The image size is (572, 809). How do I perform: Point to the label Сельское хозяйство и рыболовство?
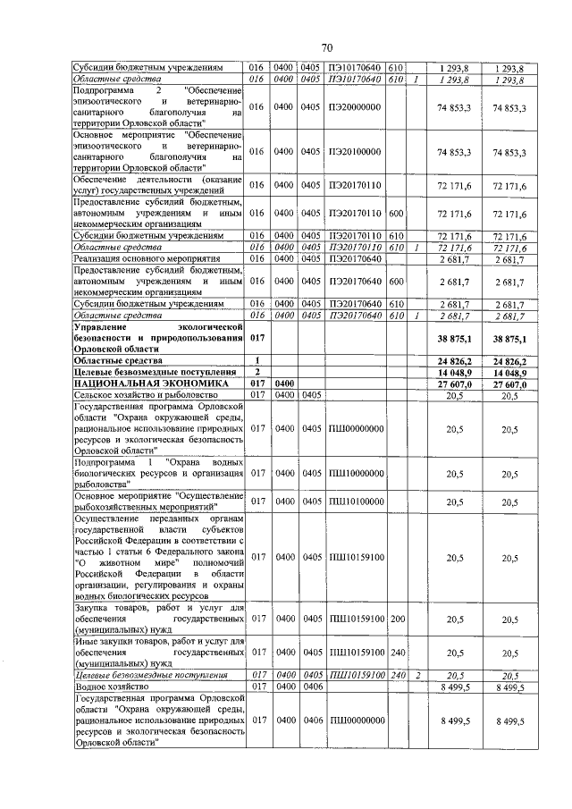point(143,393)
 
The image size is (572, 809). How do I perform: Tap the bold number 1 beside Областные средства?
point(257,358)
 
